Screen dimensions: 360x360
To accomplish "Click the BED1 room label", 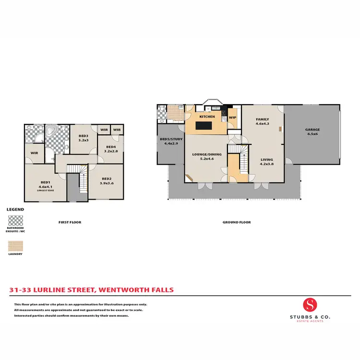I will click(x=46, y=182).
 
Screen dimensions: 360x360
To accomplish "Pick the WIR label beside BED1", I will click(x=34, y=153).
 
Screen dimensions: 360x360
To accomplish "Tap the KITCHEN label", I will click(x=207, y=117).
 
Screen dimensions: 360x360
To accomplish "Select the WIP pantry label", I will click(x=232, y=117).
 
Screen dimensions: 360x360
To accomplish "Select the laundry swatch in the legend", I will click(x=15, y=246).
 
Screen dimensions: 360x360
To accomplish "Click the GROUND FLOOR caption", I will click(x=236, y=222).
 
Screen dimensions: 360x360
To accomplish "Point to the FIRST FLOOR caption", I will click(x=70, y=222).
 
